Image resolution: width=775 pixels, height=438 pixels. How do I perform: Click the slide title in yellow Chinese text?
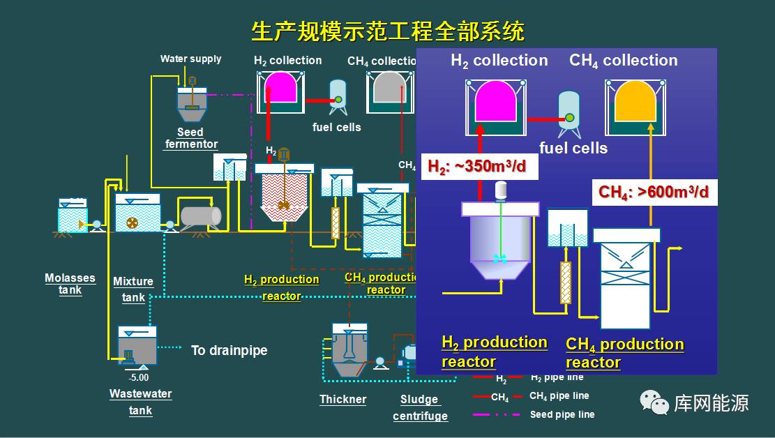(388, 31)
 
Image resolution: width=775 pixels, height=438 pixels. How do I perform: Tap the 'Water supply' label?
(190, 59)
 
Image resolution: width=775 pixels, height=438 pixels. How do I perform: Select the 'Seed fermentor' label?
(190, 138)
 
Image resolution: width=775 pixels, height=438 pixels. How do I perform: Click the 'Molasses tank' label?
(70, 284)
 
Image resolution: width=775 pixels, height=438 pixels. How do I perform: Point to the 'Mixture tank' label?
(133, 289)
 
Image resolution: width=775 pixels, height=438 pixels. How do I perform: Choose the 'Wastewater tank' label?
(140, 402)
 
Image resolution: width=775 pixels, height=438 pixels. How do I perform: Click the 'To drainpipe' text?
(229, 350)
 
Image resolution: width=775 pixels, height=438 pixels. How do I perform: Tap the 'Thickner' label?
(343, 400)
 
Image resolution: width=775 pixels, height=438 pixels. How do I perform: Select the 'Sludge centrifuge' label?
(420, 408)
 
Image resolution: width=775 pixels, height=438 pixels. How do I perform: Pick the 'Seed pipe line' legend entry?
(562, 414)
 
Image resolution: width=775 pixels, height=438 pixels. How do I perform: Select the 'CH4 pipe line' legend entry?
(559, 396)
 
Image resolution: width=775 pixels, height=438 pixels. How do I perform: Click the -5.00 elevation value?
(139, 378)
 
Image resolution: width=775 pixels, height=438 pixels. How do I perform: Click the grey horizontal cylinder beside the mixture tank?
(200, 217)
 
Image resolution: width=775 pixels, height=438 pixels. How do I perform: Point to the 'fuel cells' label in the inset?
(573, 148)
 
